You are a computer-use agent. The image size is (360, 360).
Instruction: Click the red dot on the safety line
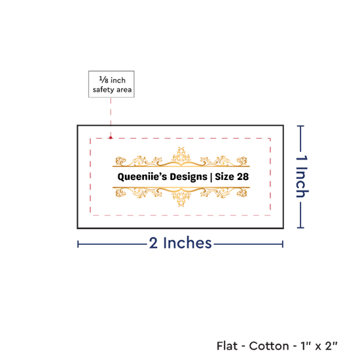pyautogui.click(x=111, y=137)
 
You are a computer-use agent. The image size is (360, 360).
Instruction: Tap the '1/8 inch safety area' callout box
pyautogui.click(x=111, y=84)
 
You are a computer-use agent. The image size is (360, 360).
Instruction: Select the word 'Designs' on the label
pyautogui.click(x=189, y=177)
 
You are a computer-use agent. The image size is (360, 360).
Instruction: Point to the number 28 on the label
pyautogui.click(x=243, y=177)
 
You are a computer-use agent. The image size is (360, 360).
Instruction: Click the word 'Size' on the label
pyautogui.click(x=225, y=177)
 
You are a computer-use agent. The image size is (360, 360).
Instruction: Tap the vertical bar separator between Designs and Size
pyautogui.click(x=211, y=177)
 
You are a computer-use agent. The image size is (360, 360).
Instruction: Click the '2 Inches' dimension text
pyautogui.click(x=180, y=243)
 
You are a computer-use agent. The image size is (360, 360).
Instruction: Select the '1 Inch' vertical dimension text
pyautogui.click(x=302, y=176)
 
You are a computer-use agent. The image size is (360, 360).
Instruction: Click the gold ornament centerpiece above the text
pyautogui.click(x=181, y=156)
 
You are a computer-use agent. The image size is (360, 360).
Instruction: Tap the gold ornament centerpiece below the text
pyautogui.click(x=181, y=198)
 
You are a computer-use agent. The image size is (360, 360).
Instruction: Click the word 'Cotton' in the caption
pyautogui.click(x=269, y=346)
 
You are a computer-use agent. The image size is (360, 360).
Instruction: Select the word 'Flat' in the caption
pyautogui.click(x=227, y=346)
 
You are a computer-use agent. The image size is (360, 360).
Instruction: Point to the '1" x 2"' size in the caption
pyautogui.click(x=319, y=346)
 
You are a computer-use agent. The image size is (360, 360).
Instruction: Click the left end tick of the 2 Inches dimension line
pyautogui.click(x=78, y=244)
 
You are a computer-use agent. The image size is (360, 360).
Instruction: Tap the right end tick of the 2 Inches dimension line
pyautogui.click(x=283, y=244)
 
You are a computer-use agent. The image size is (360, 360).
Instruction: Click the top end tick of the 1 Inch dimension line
pyautogui.click(x=300, y=126)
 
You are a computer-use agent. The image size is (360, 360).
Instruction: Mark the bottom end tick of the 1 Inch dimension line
pyautogui.click(x=300, y=228)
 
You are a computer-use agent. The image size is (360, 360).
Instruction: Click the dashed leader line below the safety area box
pyautogui.click(x=111, y=117)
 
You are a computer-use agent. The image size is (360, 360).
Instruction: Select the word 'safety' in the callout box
pyautogui.click(x=103, y=90)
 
